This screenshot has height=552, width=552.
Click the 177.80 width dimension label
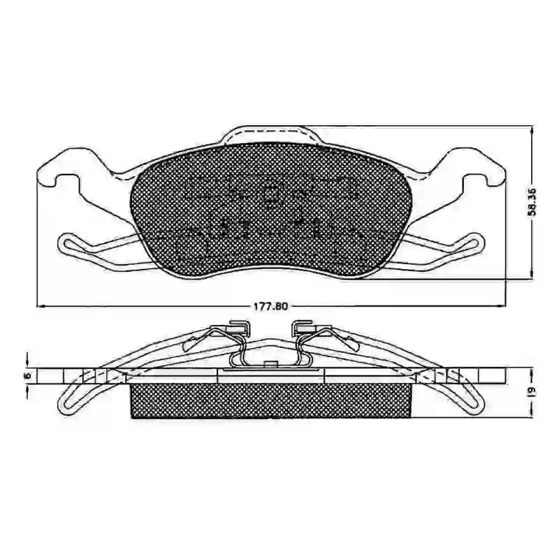pyautogui.click(x=271, y=306)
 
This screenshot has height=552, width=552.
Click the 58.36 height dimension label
pyautogui.click(x=532, y=202)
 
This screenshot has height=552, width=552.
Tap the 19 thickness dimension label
pyautogui.click(x=532, y=391)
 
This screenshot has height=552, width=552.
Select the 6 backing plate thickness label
pyautogui.click(x=29, y=375)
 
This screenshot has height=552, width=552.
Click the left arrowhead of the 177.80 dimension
pyautogui.click(x=41, y=306)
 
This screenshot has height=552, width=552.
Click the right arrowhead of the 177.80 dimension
pyautogui.click(x=501, y=306)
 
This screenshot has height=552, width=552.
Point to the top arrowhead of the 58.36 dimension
pyautogui.click(x=532, y=129)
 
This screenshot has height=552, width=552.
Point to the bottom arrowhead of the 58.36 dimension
pyautogui.click(x=532, y=275)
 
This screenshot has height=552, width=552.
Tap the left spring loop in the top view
pyautogui.click(x=67, y=244)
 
